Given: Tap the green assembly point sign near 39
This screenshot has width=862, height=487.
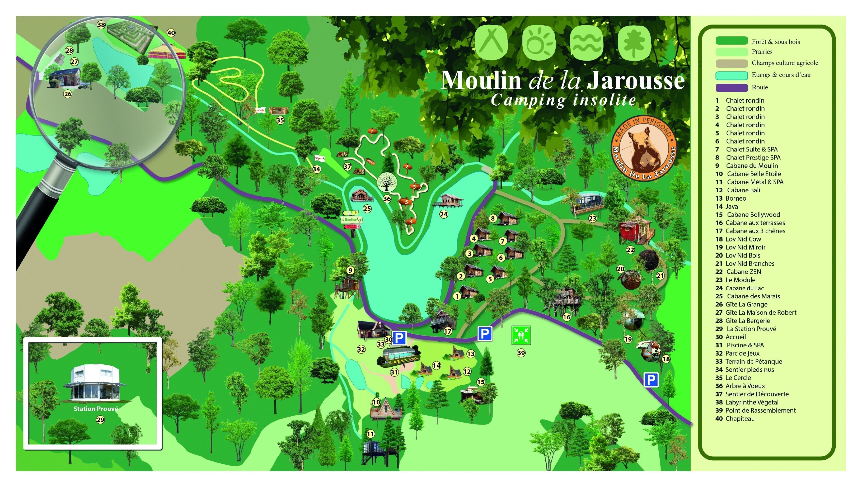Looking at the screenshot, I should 521,335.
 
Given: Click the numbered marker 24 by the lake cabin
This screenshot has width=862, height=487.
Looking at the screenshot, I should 444,214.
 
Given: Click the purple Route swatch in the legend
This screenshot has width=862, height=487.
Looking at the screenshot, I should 731,88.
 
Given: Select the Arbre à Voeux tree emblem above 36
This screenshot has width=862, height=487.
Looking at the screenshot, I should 387,182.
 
